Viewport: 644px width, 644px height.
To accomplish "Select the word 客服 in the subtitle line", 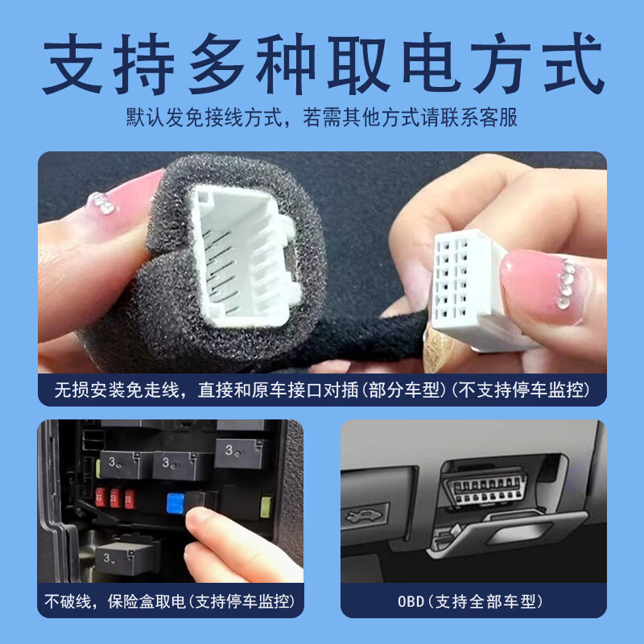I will tap(499, 118).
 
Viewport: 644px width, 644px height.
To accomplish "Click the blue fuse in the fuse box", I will tap(174, 504).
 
